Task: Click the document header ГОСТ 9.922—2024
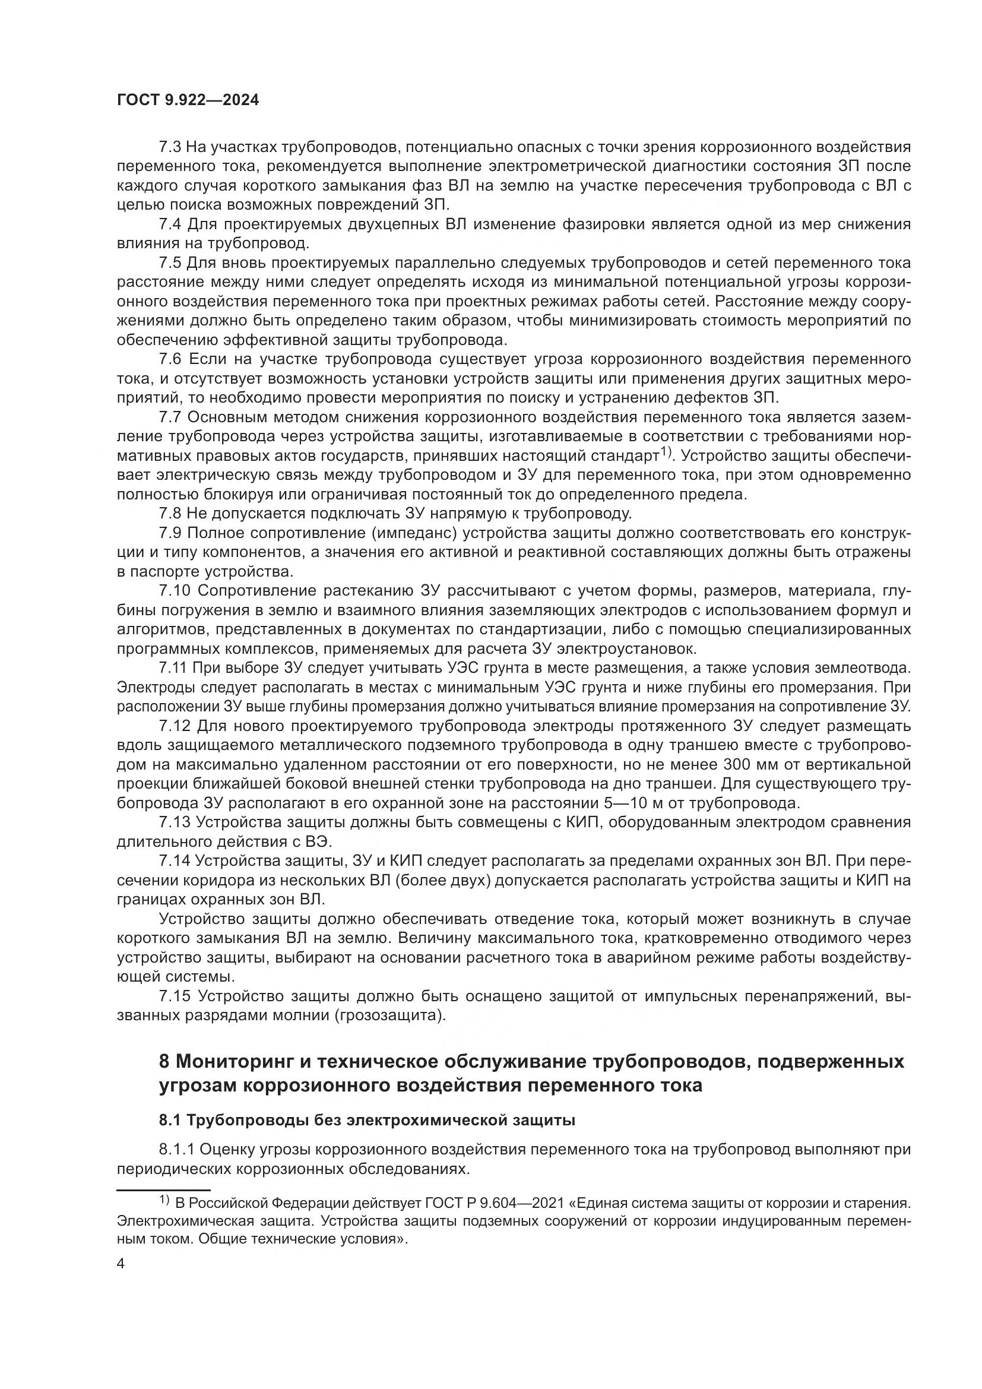coord(188,100)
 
